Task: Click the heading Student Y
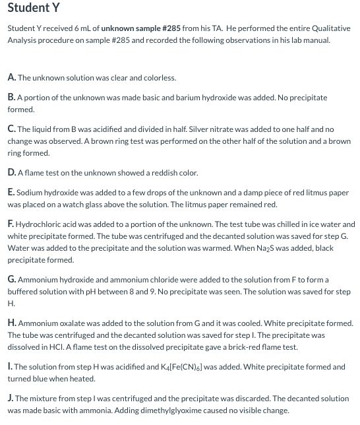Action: [34, 8]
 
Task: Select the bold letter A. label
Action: [12, 77]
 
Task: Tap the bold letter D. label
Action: [12, 173]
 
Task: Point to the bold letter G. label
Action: [13, 280]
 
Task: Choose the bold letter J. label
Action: [11, 399]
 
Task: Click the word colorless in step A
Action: [160, 77]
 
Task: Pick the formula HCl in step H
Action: [59, 347]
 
